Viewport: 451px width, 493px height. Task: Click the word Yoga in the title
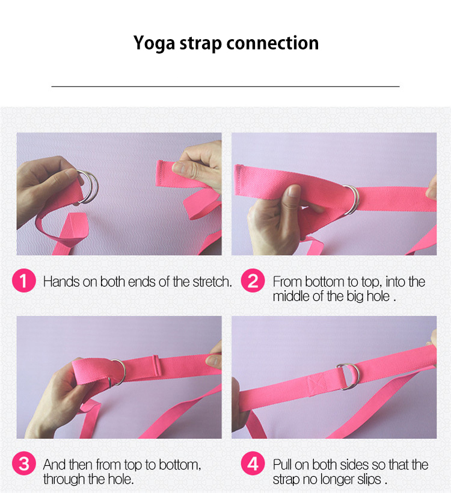(154, 43)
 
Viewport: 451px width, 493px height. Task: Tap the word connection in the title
(272, 43)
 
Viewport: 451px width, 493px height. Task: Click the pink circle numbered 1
(24, 281)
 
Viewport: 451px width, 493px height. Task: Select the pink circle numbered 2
(253, 281)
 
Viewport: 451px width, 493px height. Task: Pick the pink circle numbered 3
(24, 464)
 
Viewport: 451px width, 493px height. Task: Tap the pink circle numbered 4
(253, 464)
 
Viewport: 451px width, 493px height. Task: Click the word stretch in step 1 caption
(212, 282)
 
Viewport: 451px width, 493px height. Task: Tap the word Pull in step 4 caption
(282, 465)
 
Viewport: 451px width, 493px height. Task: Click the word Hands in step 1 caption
(61, 282)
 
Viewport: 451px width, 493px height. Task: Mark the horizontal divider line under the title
(226, 86)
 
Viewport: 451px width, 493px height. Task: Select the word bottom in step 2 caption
(325, 282)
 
